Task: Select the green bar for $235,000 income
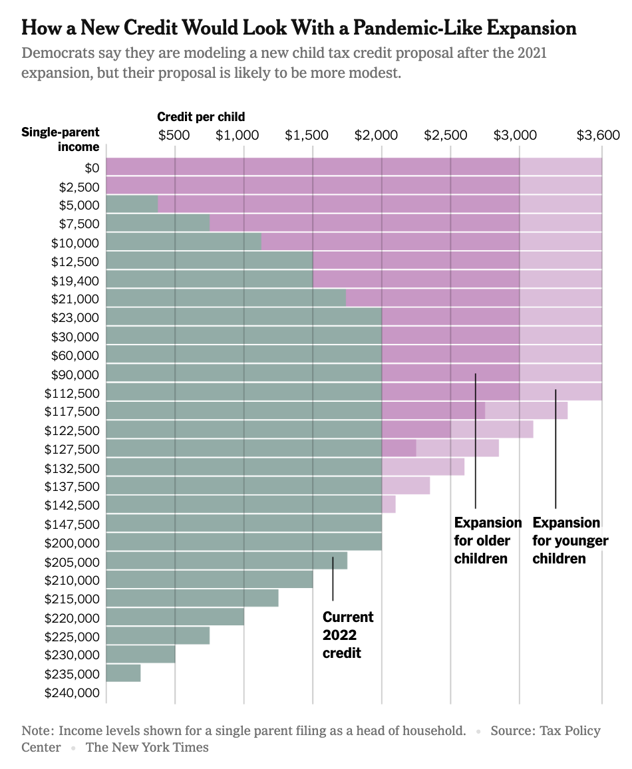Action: point(123,673)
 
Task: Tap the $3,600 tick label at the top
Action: point(598,135)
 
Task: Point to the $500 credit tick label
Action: point(174,135)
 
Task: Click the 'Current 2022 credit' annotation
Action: point(348,635)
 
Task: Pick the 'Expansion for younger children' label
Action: point(569,540)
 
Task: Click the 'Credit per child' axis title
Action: point(201,117)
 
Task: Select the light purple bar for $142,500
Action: point(389,504)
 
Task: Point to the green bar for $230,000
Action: point(140,655)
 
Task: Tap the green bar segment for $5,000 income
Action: point(132,205)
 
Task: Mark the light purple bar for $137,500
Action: point(405,486)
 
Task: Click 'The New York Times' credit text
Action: point(147,747)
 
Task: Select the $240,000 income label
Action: point(72,692)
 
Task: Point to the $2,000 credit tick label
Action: point(381,135)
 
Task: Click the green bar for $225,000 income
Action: point(158,636)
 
